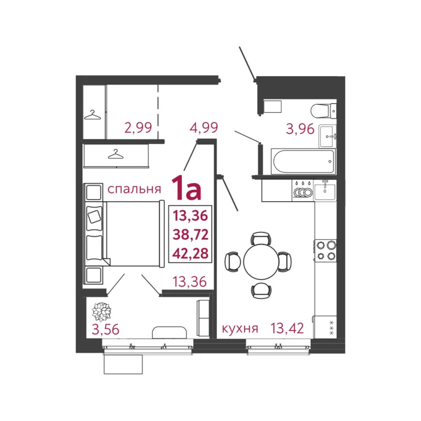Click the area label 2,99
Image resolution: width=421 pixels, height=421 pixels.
tap(138, 128)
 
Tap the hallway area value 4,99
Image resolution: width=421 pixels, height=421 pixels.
tap(203, 128)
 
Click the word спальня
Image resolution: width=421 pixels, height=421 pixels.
tap(134, 190)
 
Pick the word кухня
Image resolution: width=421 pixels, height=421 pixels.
tap(240, 329)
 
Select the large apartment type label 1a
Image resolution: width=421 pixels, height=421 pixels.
tap(186, 189)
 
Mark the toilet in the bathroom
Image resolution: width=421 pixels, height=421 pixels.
tap(321, 111)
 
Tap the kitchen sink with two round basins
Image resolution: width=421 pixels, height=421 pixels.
tap(301, 191)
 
